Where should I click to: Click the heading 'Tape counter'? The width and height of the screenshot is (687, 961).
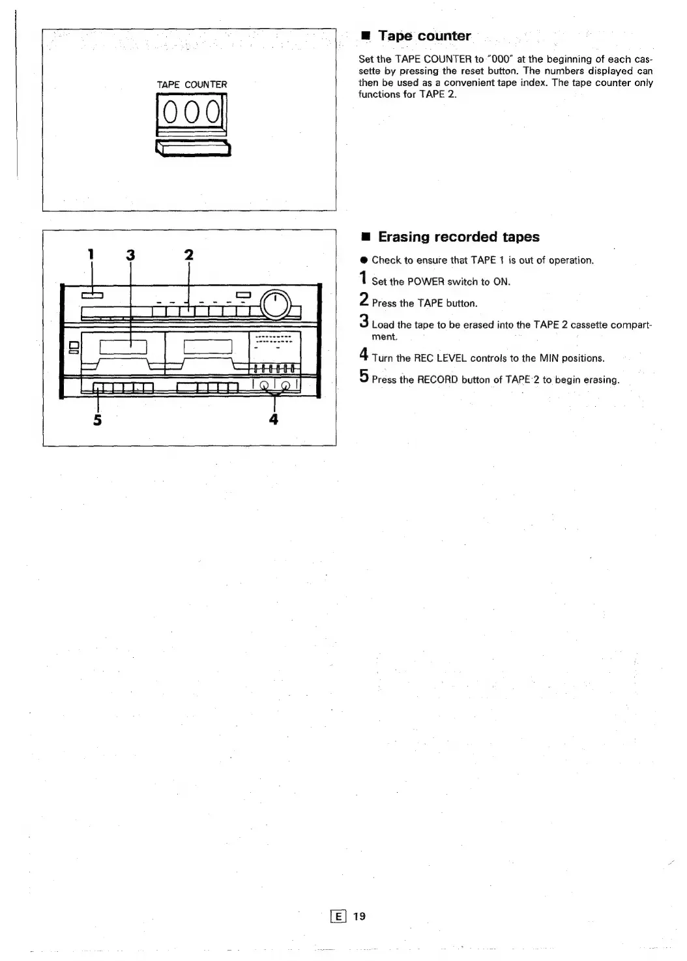424,36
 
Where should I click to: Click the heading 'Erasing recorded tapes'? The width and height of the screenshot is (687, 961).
459,237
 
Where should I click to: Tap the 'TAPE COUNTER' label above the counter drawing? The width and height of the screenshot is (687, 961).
192,85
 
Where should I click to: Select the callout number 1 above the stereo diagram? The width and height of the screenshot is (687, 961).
91,254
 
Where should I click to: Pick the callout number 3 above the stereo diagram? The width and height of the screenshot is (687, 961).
130,254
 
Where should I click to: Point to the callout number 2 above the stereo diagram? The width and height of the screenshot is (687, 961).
189,254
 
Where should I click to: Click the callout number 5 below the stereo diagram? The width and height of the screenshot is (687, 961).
97,419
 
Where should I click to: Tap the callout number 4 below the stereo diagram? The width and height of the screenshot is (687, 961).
274,419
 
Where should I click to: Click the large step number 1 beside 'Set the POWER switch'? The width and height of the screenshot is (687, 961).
363,280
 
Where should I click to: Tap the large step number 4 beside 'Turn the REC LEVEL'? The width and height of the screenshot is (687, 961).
364,356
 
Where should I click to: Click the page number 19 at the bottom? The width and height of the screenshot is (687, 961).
359,916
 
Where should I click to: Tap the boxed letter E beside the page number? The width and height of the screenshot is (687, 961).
339,916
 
